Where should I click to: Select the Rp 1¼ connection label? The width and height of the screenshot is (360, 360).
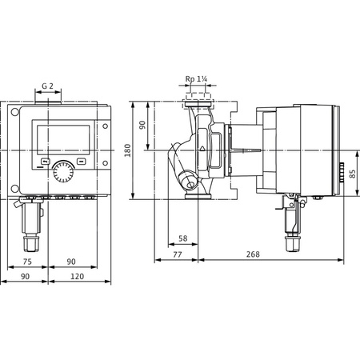(197, 78)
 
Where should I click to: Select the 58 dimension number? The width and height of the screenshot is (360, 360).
(182, 238)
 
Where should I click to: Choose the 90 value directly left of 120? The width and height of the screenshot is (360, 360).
(26, 277)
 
